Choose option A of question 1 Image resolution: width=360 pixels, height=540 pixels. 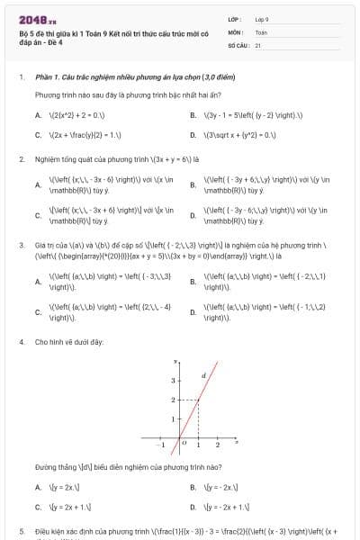[x=72, y=115]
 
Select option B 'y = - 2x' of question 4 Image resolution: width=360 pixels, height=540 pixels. [x=220, y=487]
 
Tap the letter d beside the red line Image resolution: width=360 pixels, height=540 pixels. [x=203, y=375]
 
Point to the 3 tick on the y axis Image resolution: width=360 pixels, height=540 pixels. [x=172, y=381]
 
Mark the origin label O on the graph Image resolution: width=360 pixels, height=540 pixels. [x=182, y=444]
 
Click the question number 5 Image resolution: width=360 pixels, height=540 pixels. [x=21, y=532]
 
